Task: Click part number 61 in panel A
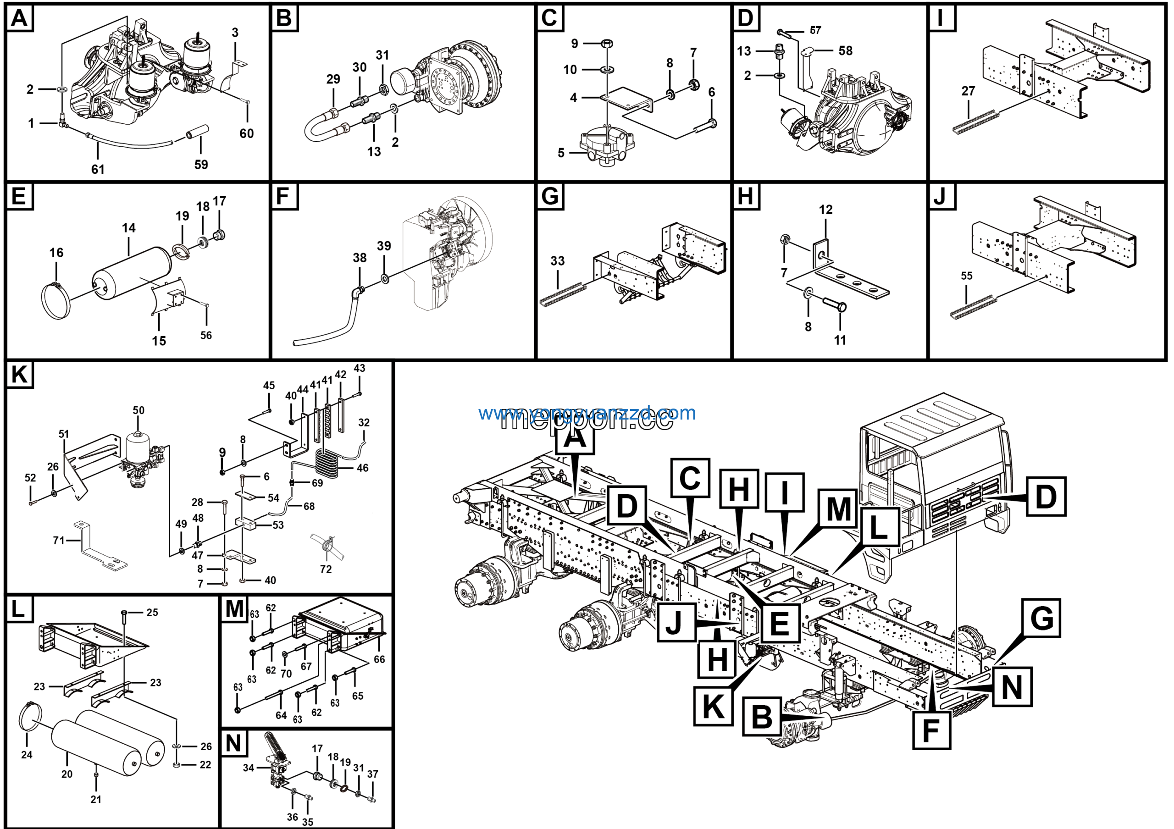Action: [98, 169]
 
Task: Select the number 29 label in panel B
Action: [333, 79]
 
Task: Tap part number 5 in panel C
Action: [561, 153]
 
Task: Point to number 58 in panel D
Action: [845, 50]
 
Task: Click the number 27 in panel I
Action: [968, 91]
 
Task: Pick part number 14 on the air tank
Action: [128, 228]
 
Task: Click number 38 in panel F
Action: [360, 258]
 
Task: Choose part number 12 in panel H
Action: [825, 210]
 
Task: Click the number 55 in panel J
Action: [966, 276]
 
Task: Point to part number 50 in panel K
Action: [138, 410]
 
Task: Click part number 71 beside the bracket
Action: [59, 540]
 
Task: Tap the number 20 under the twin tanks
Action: [67, 774]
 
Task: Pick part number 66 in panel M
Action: [379, 659]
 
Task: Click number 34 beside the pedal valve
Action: [249, 768]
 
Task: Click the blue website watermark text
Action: [587, 413]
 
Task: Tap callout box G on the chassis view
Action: [1041, 619]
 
